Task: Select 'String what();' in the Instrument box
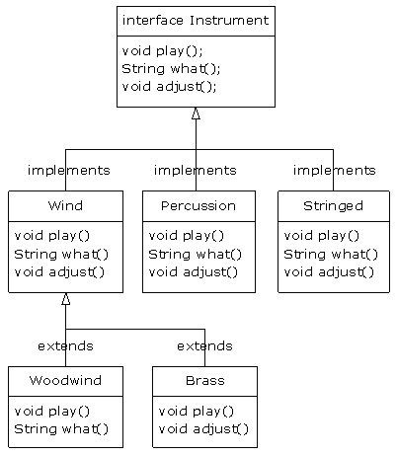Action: click(x=171, y=68)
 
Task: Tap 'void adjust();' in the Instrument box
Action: click(x=169, y=86)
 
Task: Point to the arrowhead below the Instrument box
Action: click(x=196, y=114)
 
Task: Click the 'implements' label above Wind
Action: click(x=68, y=171)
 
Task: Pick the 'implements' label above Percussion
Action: click(x=195, y=171)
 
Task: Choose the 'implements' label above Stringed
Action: click(x=334, y=171)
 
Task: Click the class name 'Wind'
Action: click(x=65, y=206)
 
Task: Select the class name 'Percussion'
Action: click(x=198, y=206)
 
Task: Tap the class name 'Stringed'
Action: click(x=334, y=206)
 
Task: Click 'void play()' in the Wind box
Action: click(x=52, y=236)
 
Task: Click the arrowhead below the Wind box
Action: click(x=66, y=299)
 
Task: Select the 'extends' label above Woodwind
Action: click(x=65, y=346)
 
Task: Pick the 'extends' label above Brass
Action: click(x=204, y=346)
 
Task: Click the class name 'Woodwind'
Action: click(x=65, y=381)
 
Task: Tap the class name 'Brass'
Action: click(x=204, y=381)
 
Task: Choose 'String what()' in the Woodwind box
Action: click(x=61, y=429)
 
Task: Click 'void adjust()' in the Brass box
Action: click(x=203, y=429)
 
